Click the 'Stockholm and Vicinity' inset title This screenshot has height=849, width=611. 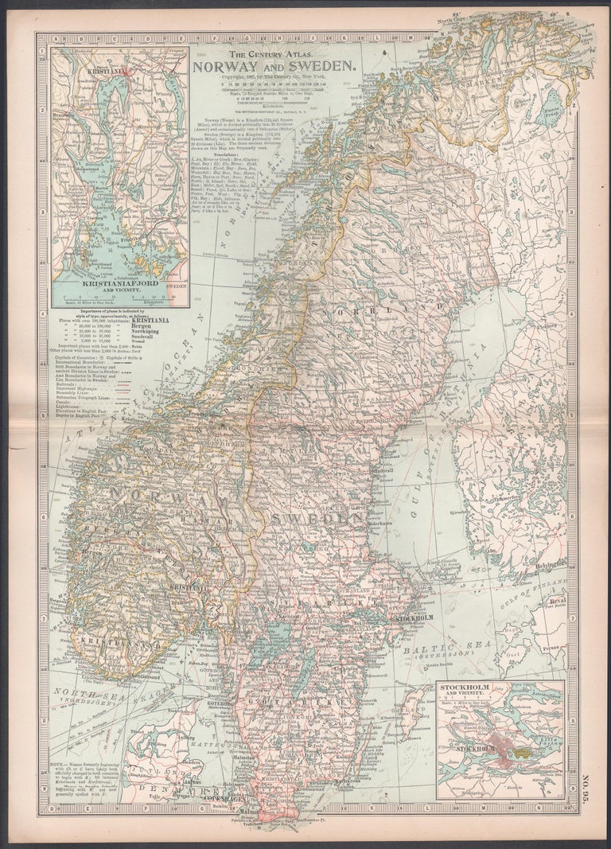coord(500,689)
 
